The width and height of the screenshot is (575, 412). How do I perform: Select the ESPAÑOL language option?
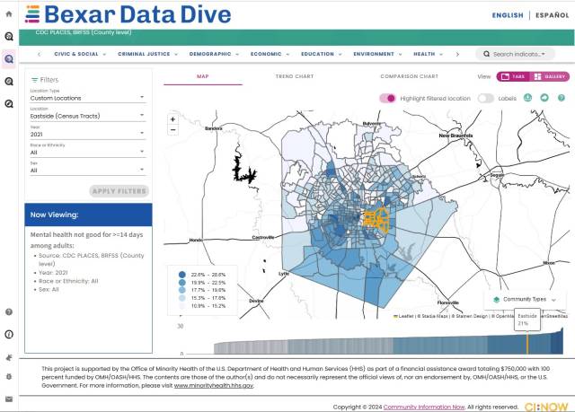tap(551, 15)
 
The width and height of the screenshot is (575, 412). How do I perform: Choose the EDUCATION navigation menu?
tap(319, 54)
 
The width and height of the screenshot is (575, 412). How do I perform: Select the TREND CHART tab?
tap(294, 77)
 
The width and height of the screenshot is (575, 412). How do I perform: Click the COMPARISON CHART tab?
tap(409, 77)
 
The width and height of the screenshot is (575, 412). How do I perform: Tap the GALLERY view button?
tap(550, 77)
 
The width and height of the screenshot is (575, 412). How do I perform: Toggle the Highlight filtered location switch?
tap(388, 98)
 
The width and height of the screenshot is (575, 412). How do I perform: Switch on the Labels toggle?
tap(485, 98)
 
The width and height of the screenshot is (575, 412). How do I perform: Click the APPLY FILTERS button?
tap(119, 191)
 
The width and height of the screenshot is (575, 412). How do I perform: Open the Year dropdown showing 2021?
tap(87, 134)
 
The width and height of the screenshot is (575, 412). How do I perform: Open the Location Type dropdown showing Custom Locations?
tap(87, 97)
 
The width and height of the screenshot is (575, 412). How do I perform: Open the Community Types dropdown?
tap(525, 299)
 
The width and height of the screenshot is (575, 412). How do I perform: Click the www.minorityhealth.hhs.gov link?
tap(214, 385)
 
